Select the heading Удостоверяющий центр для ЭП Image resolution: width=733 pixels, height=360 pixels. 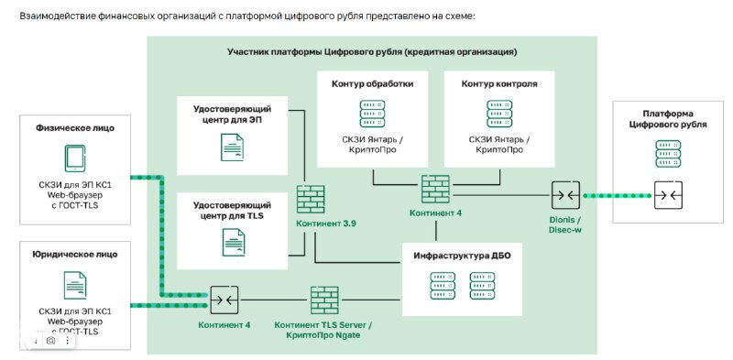point(231,115)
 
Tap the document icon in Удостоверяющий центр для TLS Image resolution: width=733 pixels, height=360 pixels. point(232,242)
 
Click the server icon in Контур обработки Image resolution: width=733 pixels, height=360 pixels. point(372,114)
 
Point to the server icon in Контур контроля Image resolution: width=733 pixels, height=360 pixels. point(499,114)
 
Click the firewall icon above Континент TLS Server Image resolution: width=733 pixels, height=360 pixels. point(323,300)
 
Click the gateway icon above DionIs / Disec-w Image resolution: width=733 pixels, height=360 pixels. point(564,194)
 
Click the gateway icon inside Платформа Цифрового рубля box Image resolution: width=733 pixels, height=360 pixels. point(667,194)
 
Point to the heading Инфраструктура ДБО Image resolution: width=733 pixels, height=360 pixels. point(463,256)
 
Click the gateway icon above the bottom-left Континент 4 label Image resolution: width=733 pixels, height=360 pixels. point(224,300)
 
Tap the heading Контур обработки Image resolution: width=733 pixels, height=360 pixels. point(372,83)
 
